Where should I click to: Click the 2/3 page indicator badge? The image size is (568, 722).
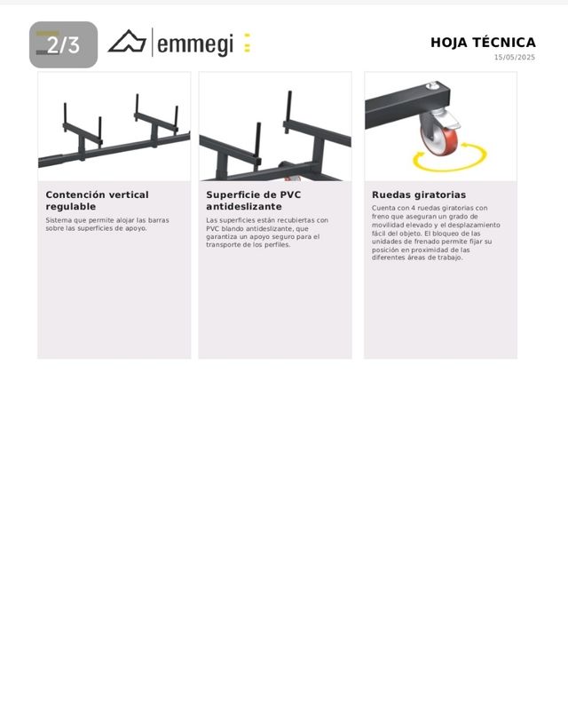[x=64, y=44]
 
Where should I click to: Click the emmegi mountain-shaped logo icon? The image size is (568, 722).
[x=127, y=42]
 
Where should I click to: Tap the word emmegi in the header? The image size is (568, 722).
[x=195, y=44]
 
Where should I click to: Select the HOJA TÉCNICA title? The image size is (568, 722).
[x=483, y=43]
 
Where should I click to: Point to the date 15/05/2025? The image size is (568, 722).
[x=515, y=58]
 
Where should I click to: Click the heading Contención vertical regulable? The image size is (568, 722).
[x=97, y=201]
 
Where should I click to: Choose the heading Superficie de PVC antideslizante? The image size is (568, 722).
[x=254, y=201]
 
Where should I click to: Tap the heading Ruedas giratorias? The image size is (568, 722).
[x=419, y=194]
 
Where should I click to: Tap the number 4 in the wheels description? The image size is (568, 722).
[x=413, y=208]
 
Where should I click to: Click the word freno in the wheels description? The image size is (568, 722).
[x=380, y=217]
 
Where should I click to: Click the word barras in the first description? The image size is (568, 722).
[x=158, y=220]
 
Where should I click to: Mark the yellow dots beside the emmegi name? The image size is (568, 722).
[x=248, y=43]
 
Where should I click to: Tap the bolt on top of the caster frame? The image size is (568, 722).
[x=431, y=85]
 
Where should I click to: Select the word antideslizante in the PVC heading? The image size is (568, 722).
[x=244, y=207]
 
